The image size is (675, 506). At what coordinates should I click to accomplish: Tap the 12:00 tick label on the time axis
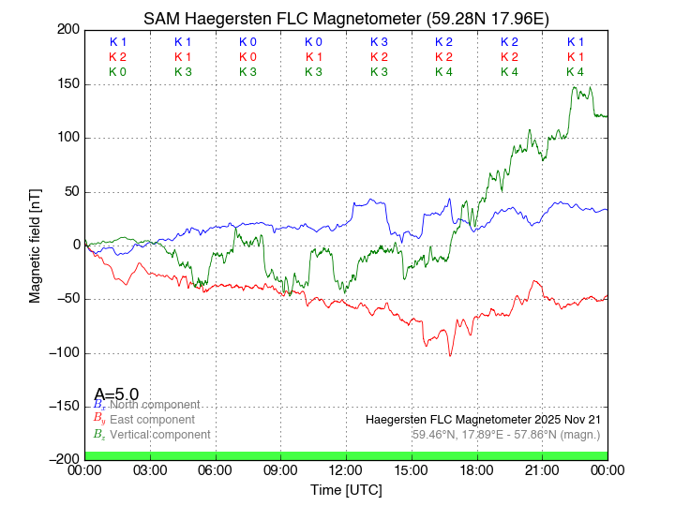[x=346, y=470]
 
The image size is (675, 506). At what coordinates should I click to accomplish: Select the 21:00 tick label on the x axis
[x=542, y=470]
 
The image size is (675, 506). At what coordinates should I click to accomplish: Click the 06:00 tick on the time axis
[x=216, y=470]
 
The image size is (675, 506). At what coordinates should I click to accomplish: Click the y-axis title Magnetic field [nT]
[x=35, y=246]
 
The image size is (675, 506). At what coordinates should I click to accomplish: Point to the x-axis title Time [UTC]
[x=346, y=490]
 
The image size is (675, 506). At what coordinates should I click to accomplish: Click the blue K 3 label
[x=379, y=42]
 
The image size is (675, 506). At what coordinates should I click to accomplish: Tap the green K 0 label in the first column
[x=117, y=72]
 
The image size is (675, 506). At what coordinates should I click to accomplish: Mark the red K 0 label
[x=247, y=57]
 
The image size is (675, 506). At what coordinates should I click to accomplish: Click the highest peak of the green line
[x=574, y=87]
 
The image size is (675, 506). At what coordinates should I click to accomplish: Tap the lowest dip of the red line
[x=450, y=356]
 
